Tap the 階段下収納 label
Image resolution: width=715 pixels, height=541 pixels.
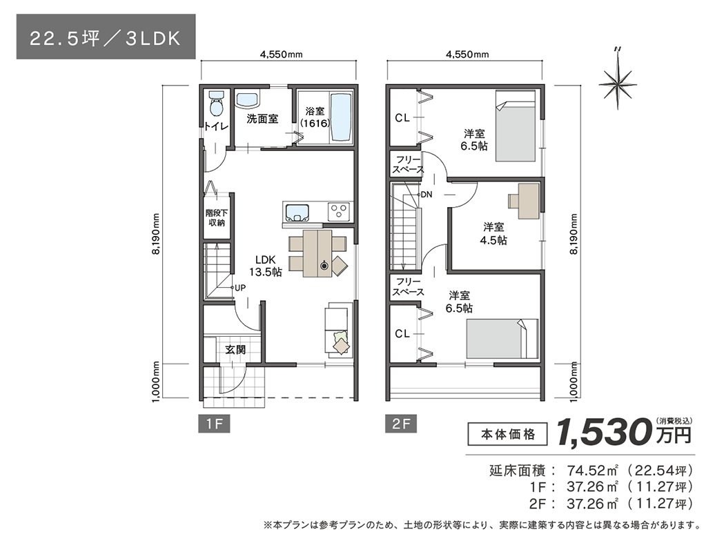[x=216, y=218]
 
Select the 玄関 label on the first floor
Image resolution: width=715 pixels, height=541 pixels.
[x=235, y=350]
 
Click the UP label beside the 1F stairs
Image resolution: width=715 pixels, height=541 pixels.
[x=239, y=287]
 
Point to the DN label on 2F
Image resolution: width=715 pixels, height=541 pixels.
[x=426, y=195]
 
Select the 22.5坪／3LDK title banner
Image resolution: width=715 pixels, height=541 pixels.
[x=105, y=38]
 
